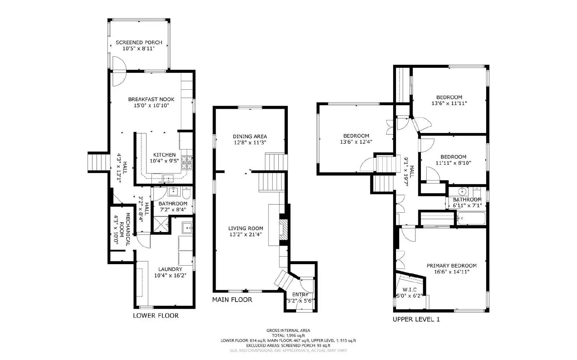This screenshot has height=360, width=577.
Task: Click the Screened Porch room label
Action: [139, 43]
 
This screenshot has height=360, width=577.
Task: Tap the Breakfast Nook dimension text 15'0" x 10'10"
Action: [151, 105]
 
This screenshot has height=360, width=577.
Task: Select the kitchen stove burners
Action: [187, 163]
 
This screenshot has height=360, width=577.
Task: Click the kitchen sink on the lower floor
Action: [168, 178]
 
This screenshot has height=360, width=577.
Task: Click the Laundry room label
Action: [170, 269]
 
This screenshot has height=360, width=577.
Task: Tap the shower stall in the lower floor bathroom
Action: [160, 224]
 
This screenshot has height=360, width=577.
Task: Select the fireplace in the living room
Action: [283, 230]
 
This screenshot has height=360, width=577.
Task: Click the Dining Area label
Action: [250, 136]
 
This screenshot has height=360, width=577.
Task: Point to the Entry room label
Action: [300, 294]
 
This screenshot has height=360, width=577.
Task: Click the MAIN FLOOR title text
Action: [232, 299]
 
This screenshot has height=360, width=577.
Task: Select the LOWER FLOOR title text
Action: [155, 315]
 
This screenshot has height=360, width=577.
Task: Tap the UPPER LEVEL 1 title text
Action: [416, 319]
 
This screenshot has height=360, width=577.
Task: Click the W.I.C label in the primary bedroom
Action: [409, 290]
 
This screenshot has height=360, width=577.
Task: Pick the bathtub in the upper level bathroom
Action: [471, 218]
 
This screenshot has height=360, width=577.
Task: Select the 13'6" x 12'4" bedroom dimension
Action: [356, 142]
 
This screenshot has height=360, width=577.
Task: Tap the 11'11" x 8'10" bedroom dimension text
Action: [453, 163]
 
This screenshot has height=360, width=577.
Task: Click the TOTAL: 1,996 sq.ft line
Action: [288, 335]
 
